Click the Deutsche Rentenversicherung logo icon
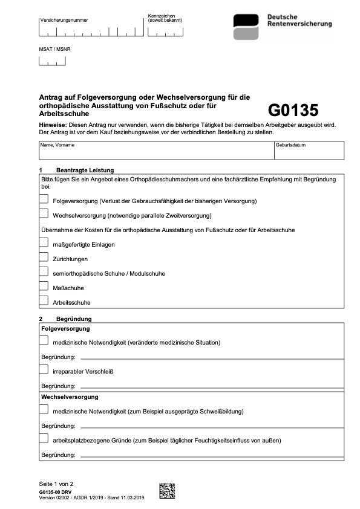[x=246, y=27]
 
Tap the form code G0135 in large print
[x=293, y=110]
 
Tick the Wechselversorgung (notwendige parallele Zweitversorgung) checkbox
[x=44, y=213]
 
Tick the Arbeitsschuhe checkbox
[x=44, y=300]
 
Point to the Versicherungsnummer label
[x=64, y=20]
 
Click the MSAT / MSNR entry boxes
[x=52, y=60]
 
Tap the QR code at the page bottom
[x=167, y=490]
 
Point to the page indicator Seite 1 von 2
[x=56, y=484]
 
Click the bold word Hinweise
[x=52, y=125]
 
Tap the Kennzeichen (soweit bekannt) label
[x=165, y=18]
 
